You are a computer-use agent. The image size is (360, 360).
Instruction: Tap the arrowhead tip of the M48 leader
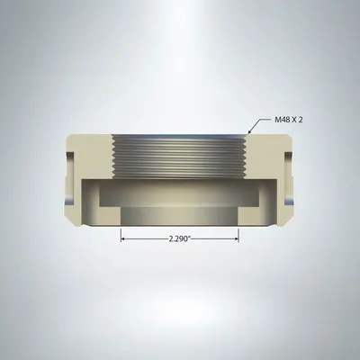tap(245, 136)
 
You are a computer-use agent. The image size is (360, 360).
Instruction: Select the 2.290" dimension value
tap(180, 239)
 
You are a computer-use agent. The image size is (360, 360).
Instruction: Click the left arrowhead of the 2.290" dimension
tap(124, 239)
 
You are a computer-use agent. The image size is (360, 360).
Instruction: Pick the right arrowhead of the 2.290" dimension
tap(236, 239)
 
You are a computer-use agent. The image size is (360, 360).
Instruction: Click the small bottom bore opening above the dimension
tap(180, 216)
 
